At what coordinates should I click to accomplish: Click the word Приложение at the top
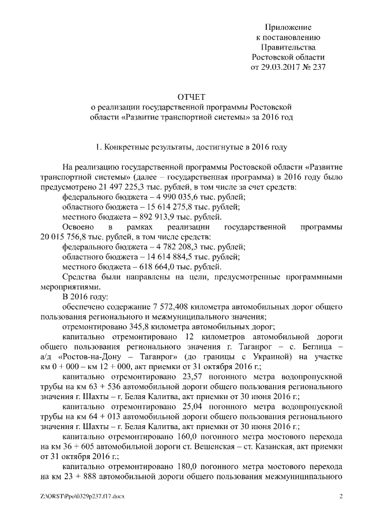pos(288,27)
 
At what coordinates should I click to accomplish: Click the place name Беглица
pos(315,347)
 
